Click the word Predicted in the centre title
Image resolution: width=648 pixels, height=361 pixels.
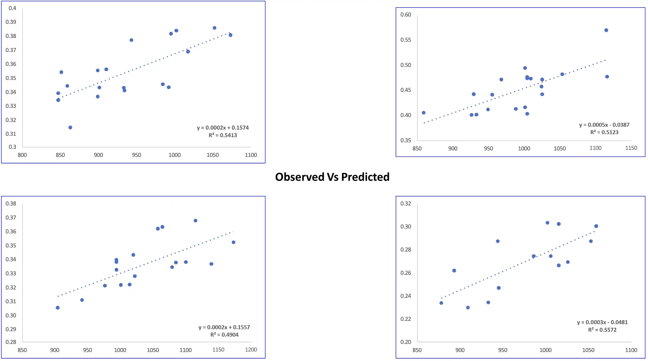tap(365, 177)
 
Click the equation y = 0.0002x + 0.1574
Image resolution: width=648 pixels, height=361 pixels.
tap(223, 128)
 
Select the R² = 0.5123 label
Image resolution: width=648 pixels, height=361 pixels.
tap(604, 132)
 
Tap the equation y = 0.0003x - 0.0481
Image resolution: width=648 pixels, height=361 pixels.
tap(602, 322)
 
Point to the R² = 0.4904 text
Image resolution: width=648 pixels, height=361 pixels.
tap(224, 335)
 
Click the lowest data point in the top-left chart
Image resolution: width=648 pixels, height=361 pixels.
tap(70, 127)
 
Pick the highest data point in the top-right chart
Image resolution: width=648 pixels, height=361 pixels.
tap(606, 30)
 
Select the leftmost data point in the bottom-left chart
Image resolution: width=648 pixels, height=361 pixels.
tap(58, 308)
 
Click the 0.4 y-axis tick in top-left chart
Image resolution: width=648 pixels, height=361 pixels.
tap(12, 8)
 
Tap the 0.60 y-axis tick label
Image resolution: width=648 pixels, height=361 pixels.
tap(405, 15)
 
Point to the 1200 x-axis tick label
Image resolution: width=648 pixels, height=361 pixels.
tap(251, 350)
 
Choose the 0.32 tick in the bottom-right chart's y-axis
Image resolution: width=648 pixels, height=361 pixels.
tap(405, 204)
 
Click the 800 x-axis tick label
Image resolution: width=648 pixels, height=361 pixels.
tap(22, 155)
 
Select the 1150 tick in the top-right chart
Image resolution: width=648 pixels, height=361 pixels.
tap(631, 148)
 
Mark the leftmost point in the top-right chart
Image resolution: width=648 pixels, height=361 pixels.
tap(424, 113)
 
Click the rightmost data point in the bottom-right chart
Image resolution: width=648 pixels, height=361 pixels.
tap(596, 226)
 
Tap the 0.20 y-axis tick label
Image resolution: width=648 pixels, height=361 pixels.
tap(405, 342)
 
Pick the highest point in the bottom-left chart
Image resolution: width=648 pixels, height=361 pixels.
tap(196, 221)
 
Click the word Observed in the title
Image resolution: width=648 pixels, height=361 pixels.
tap(300, 177)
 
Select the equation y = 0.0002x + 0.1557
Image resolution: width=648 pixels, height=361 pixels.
tap(224, 327)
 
